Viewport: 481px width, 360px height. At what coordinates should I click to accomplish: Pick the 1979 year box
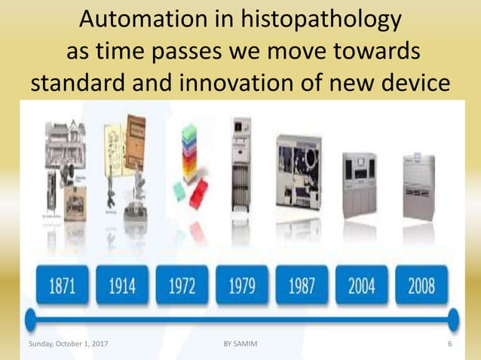click(241, 285)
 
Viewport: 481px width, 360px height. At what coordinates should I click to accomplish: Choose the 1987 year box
click(302, 285)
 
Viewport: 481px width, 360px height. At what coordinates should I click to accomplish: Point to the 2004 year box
click(362, 285)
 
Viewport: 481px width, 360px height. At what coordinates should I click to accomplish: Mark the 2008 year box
click(421, 285)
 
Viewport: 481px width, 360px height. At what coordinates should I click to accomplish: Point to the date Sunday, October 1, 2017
click(67, 344)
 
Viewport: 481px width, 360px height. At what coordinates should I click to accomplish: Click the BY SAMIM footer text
click(240, 344)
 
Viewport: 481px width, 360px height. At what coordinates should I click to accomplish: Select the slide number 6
click(449, 344)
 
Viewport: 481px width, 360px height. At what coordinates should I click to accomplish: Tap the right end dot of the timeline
click(453, 319)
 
